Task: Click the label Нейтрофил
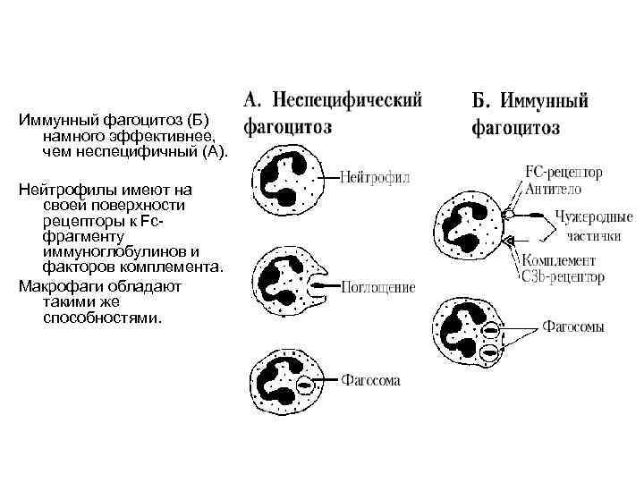(375, 178)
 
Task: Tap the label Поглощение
(378, 288)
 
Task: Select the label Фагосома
(371, 380)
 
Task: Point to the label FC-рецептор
(565, 171)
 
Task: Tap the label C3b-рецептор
(562, 276)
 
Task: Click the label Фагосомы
(573, 326)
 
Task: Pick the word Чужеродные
(595, 217)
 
